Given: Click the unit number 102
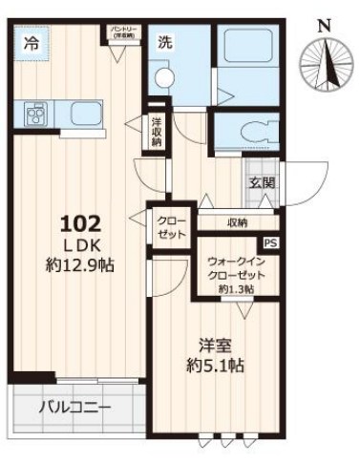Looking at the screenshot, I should pos(80,224).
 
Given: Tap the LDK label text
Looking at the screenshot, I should pos(81,245).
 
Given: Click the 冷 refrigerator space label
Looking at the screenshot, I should pos(32,43).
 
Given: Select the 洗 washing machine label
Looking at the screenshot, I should pos(165,43).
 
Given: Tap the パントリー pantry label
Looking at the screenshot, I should pos(121,34).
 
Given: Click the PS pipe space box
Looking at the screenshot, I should pos(270,243).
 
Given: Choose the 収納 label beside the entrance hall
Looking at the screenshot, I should pos(237,222).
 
